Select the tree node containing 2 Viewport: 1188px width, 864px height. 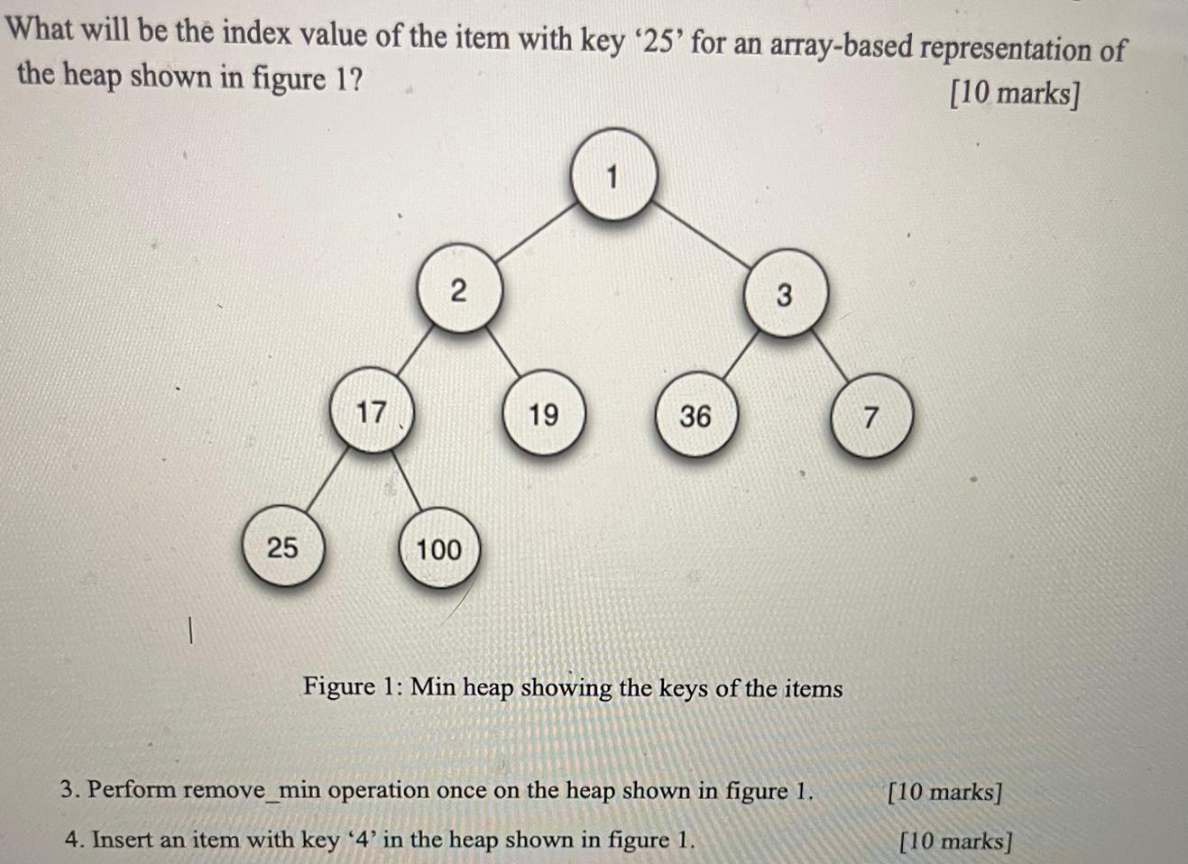[459, 290]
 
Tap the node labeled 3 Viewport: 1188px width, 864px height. [783, 294]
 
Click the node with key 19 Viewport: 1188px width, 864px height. [543, 415]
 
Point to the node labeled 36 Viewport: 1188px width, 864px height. [695, 416]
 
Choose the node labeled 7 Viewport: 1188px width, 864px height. [870, 418]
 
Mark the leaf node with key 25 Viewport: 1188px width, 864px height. [282, 547]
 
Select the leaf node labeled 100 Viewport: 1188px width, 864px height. [438, 548]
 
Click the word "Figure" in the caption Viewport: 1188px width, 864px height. [338, 686]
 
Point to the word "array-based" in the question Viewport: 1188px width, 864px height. [842, 45]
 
